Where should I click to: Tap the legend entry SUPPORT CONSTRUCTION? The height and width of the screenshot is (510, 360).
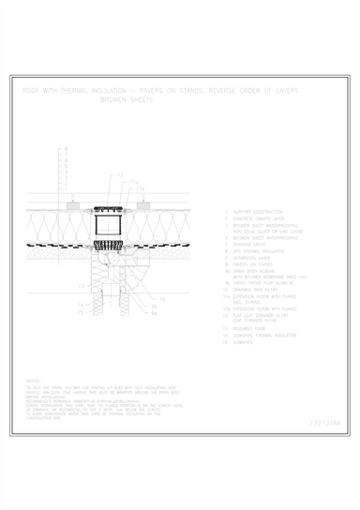pos(258,212)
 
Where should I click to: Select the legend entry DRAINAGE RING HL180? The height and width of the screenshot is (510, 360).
pos(257,289)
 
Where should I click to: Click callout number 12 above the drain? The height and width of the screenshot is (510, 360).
pos(120,175)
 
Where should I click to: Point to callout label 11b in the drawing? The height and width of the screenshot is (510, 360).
pos(141,187)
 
